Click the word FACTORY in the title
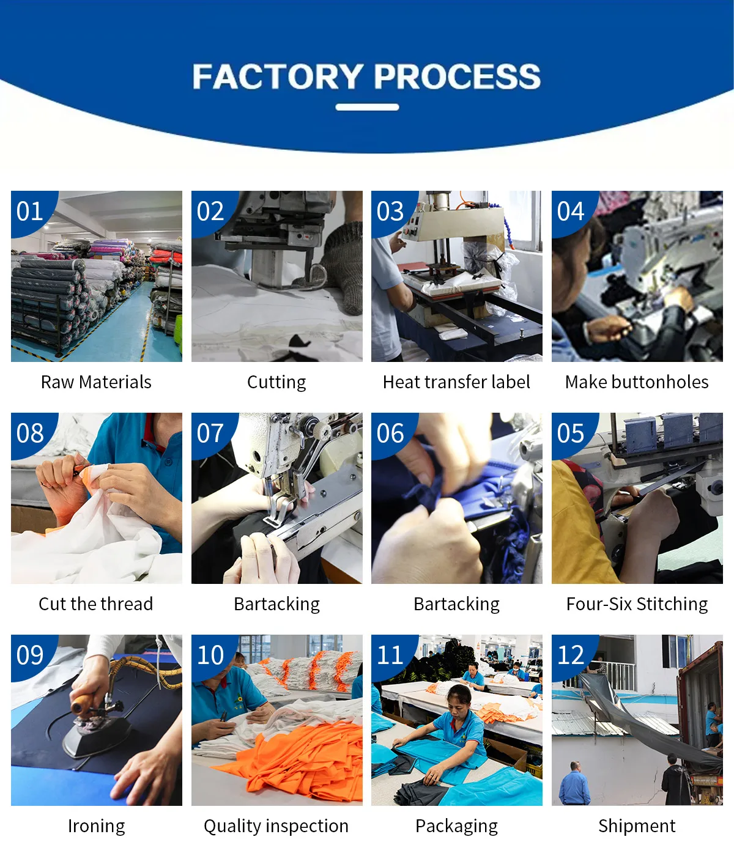point(278,77)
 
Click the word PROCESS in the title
point(458,77)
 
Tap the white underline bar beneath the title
point(367,108)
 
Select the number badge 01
point(30,212)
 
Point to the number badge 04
point(571,212)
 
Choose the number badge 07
point(210,434)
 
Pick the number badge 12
point(571,655)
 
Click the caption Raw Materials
point(96,382)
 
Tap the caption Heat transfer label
point(456,382)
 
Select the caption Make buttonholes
point(637,382)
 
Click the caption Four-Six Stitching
point(637,604)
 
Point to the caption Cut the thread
point(96,604)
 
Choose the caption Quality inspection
point(276,826)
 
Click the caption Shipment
point(637,826)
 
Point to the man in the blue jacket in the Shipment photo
point(574,783)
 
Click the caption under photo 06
point(456,604)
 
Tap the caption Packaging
point(456,826)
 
